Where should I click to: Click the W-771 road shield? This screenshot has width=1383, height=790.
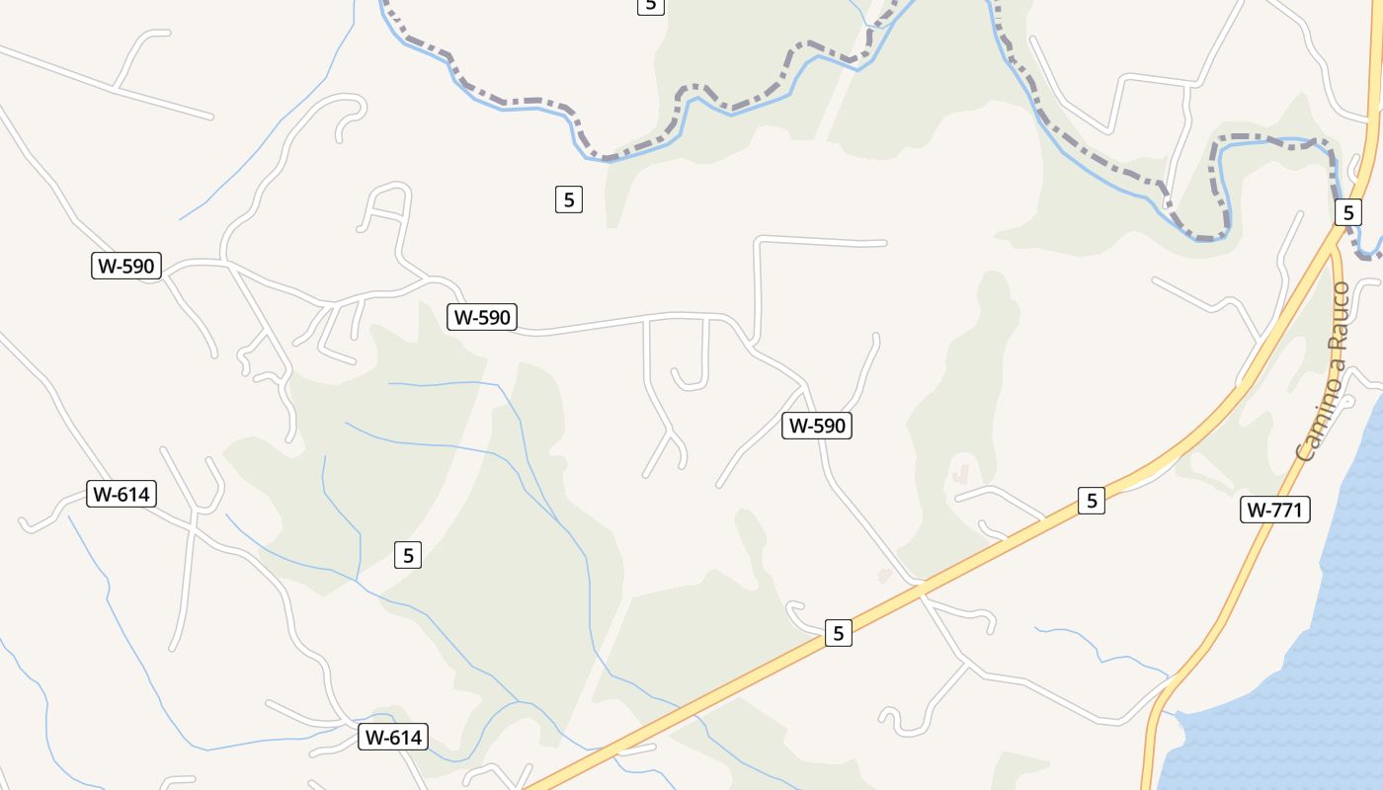1274,510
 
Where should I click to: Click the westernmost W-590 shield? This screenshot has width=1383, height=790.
126,266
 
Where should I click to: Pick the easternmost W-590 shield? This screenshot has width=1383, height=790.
816,426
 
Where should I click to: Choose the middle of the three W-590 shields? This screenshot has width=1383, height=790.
482,317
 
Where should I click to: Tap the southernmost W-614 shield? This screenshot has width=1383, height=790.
393,737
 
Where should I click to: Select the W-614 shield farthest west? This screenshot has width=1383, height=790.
122,494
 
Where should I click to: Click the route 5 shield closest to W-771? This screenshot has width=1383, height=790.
1091,501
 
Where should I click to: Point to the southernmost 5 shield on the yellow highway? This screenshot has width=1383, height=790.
838,633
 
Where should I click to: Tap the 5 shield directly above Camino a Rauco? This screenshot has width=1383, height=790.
1347,212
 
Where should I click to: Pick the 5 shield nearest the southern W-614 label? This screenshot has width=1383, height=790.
407,555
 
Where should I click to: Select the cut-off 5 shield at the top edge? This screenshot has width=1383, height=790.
649,5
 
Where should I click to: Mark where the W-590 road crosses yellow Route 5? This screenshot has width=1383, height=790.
921,590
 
